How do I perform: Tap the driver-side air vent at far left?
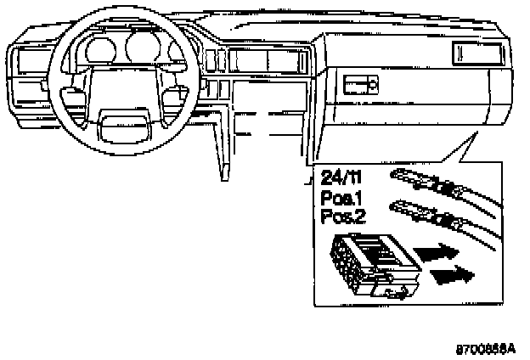(x=25, y=63)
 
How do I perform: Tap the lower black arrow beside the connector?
(x=453, y=274)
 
